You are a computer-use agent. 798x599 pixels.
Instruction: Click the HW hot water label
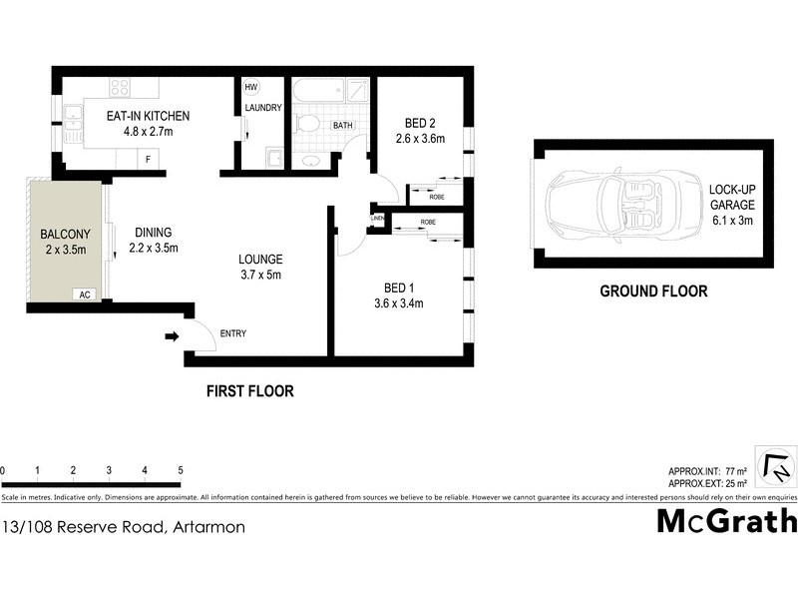(251, 87)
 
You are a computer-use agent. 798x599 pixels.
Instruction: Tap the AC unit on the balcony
(85, 295)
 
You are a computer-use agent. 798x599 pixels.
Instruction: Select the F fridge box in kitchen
(149, 159)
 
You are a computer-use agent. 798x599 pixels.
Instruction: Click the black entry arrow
(172, 337)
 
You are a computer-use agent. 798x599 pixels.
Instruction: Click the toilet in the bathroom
(308, 125)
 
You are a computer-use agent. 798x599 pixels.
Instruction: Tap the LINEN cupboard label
(377, 218)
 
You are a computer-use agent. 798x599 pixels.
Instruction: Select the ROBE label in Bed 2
(438, 198)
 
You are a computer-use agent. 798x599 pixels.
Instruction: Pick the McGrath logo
(726, 521)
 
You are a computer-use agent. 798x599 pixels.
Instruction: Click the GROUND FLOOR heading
(653, 292)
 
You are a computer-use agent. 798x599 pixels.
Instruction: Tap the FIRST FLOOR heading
(250, 391)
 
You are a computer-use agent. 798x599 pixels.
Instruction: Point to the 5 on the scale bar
(181, 470)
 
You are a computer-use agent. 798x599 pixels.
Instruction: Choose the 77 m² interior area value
(734, 471)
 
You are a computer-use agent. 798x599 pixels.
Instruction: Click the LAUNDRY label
(263, 108)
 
